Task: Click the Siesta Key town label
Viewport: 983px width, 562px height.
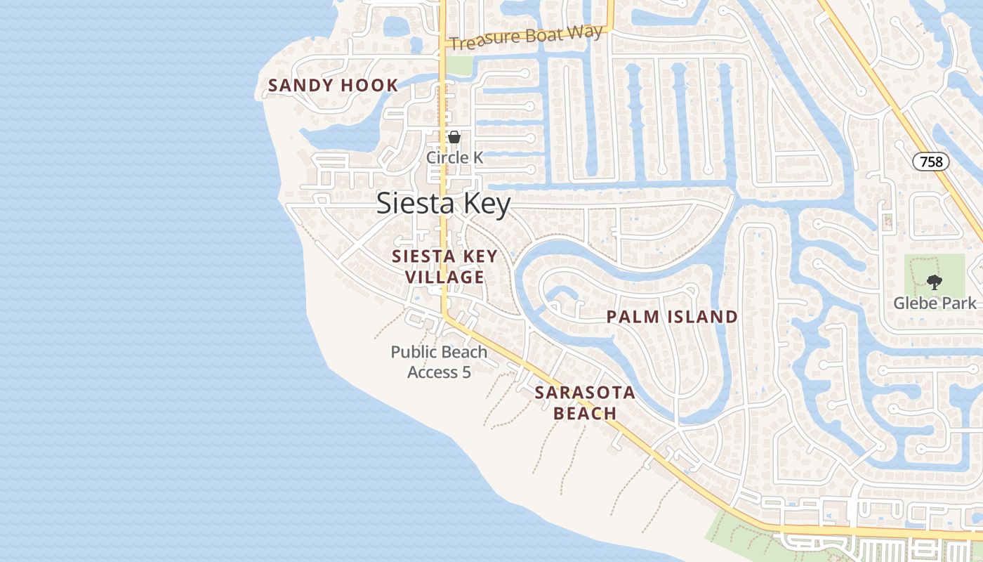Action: pyautogui.click(x=443, y=204)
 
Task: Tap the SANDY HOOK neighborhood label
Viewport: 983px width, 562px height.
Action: pyautogui.click(x=333, y=86)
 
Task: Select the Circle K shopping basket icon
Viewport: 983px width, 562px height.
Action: pyautogui.click(x=454, y=137)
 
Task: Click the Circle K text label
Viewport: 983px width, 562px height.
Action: pyautogui.click(x=454, y=157)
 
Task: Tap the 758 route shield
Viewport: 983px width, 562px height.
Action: pyautogui.click(x=931, y=162)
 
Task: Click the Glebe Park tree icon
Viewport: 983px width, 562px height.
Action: pyautogui.click(x=934, y=282)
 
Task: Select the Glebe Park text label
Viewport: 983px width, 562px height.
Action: pyautogui.click(x=935, y=303)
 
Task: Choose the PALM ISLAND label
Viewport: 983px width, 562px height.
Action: pyautogui.click(x=672, y=317)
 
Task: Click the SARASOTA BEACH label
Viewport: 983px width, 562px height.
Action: pyautogui.click(x=585, y=403)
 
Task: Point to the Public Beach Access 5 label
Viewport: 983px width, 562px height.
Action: pyautogui.click(x=439, y=362)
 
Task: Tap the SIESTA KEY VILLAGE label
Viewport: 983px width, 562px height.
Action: pyautogui.click(x=444, y=267)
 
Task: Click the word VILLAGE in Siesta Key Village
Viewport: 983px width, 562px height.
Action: pyautogui.click(x=444, y=277)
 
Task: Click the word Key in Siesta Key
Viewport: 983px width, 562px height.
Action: pyautogui.click(x=483, y=204)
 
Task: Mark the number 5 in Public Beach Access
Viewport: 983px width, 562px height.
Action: pyautogui.click(x=466, y=372)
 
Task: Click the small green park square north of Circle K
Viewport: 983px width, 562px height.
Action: pyautogui.click(x=459, y=65)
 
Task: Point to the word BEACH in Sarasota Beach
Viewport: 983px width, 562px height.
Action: pyautogui.click(x=585, y=413)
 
